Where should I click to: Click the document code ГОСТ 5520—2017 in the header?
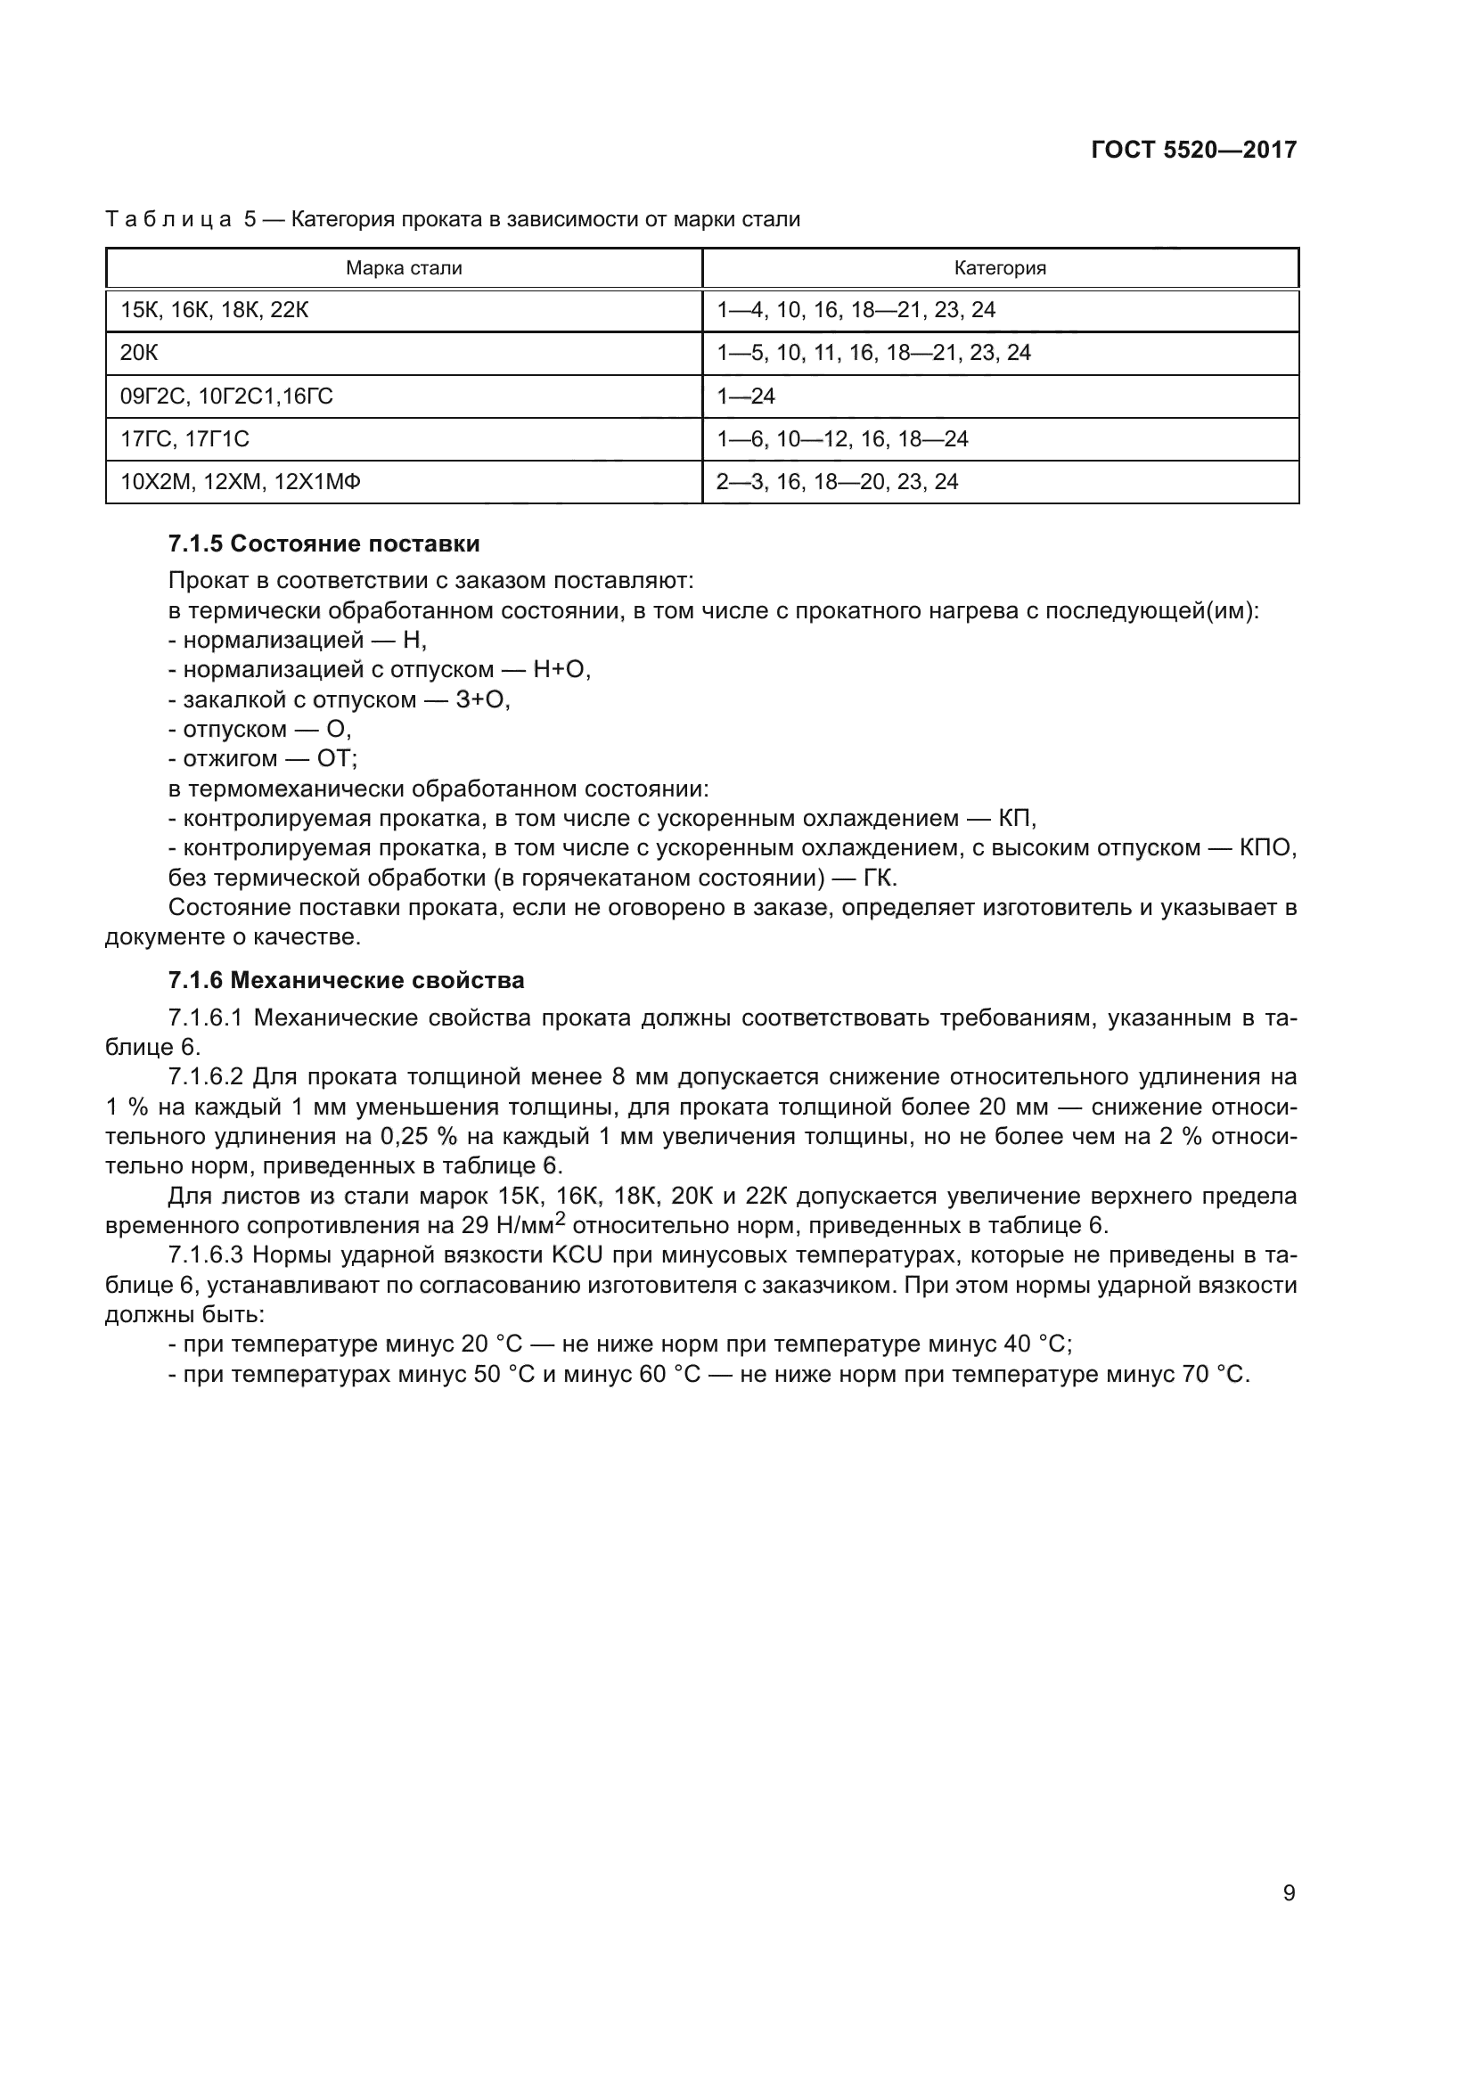(x=1193, y=151)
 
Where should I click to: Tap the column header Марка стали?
(x=404, y=268)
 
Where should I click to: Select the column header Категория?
(x=999, y=268)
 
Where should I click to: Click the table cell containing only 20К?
(x=139, y=353)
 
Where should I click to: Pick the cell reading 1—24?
(x=746, y=396)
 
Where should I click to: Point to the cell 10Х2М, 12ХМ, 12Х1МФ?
(x=241, y=482)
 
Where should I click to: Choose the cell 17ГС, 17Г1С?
(x=184, y=439)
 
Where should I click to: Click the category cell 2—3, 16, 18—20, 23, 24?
(x=837, y=482)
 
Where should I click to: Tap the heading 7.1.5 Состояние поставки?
(x=324, y=543)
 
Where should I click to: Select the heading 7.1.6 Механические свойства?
(x=346, y=980)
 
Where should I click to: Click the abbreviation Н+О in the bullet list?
(x=561, y=670)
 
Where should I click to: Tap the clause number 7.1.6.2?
(x=206, y=1077)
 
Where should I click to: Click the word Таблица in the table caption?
(x=168, y=220)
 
